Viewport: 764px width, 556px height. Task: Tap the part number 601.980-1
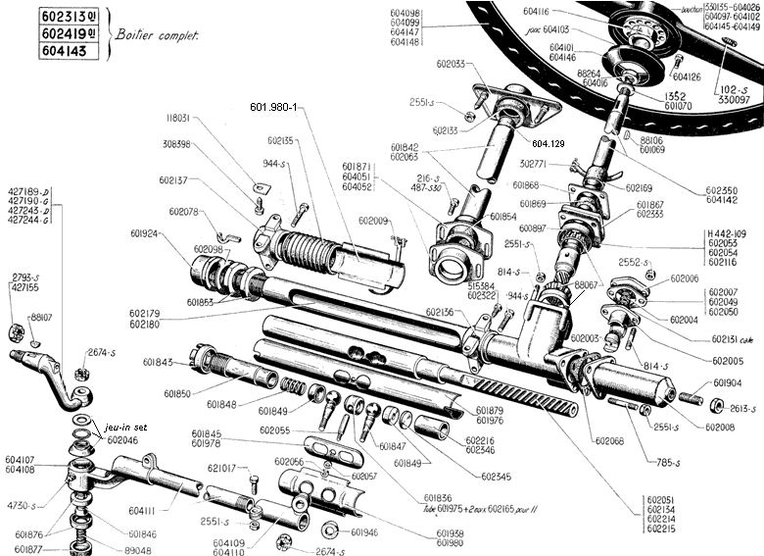(277, 107)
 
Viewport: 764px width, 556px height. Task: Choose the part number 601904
(727, 382)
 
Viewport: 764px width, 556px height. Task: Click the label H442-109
(726, 233)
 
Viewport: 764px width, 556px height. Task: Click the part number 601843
(157, 363)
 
